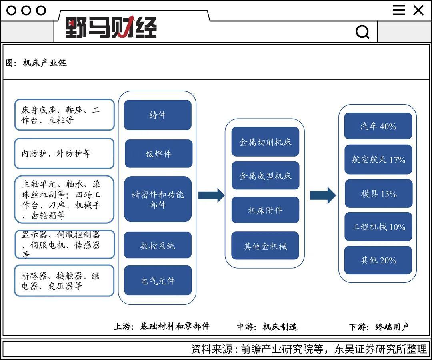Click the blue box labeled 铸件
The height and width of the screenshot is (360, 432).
point(158,115)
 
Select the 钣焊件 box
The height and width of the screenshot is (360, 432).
point(159,153)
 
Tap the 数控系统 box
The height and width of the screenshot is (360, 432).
point(158,245)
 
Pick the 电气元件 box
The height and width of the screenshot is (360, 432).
point(158,280)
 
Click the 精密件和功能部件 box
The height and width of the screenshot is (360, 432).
point(158,199)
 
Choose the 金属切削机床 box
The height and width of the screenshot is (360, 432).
point(265,141)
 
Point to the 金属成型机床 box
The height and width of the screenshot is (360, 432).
point(265,175)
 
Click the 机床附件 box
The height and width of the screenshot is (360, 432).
point(265,210)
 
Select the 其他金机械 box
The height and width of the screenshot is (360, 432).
point(265,245)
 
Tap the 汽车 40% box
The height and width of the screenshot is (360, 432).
point(378,126)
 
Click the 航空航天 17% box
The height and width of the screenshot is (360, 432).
point(378,159)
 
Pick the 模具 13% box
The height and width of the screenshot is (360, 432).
point(378,193)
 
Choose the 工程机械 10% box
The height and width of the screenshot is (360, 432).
point(378,227)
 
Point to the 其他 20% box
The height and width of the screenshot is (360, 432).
point(378,260)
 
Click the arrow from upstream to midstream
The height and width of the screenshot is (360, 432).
point(211,195)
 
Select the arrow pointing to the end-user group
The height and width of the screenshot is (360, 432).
point(323,195)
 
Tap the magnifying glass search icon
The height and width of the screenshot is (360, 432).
point(362,32)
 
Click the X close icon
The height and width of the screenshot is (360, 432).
point(418,10)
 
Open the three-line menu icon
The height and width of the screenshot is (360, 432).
point(399,10)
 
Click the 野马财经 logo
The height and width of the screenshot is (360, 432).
point(111,27)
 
